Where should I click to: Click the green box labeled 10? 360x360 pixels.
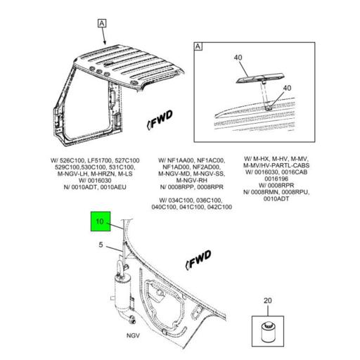100,223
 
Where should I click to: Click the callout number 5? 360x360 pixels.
101,245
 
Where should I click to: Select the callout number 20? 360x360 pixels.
268,301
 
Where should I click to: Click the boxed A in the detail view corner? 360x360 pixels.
198,47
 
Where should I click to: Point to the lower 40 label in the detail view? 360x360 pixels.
287,88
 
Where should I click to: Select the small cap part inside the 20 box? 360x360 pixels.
268,329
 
